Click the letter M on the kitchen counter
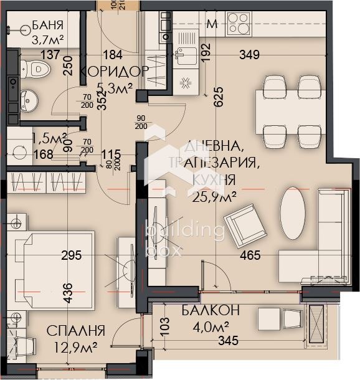(x=212, y=25)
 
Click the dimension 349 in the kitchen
(x=250, y=55)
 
